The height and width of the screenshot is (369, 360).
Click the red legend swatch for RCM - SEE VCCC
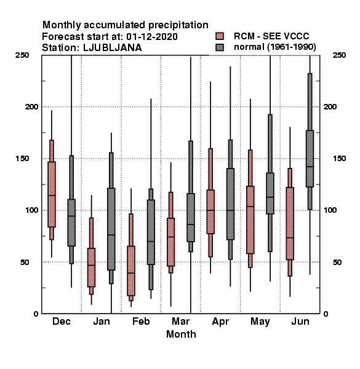tap(220, 36)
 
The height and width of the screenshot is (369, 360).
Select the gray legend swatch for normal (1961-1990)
tap(220, 47)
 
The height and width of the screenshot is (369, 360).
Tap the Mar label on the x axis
tap(180, 321)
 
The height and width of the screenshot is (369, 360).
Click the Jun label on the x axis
tap(300, 321)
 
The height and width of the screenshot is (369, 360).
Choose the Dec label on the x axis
tap(62, 321)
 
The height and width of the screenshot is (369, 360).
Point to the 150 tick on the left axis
tap(22, 159)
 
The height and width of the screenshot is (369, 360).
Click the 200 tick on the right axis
tap(330, 107)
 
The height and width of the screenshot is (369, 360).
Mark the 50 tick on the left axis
tap(25, 262)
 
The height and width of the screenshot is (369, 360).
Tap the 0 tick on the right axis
tap(326, 314)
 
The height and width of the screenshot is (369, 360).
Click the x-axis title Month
tap(181, 334)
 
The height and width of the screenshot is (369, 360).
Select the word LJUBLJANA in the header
tap(113, 48)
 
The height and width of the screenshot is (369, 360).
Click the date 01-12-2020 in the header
tap(152, 36)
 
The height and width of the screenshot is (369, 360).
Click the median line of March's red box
tap(171, 237)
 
